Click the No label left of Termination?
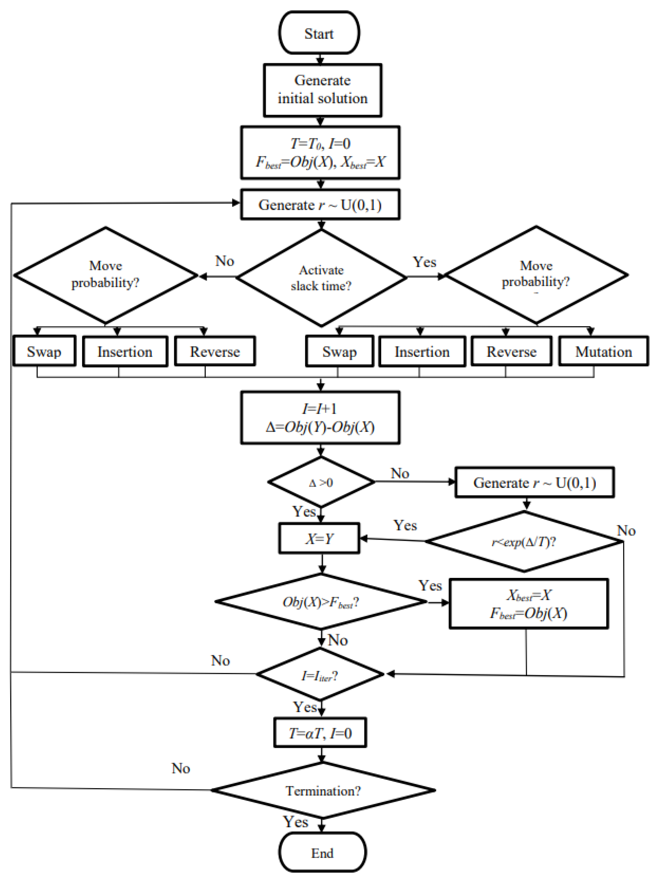[x=181, y=768]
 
